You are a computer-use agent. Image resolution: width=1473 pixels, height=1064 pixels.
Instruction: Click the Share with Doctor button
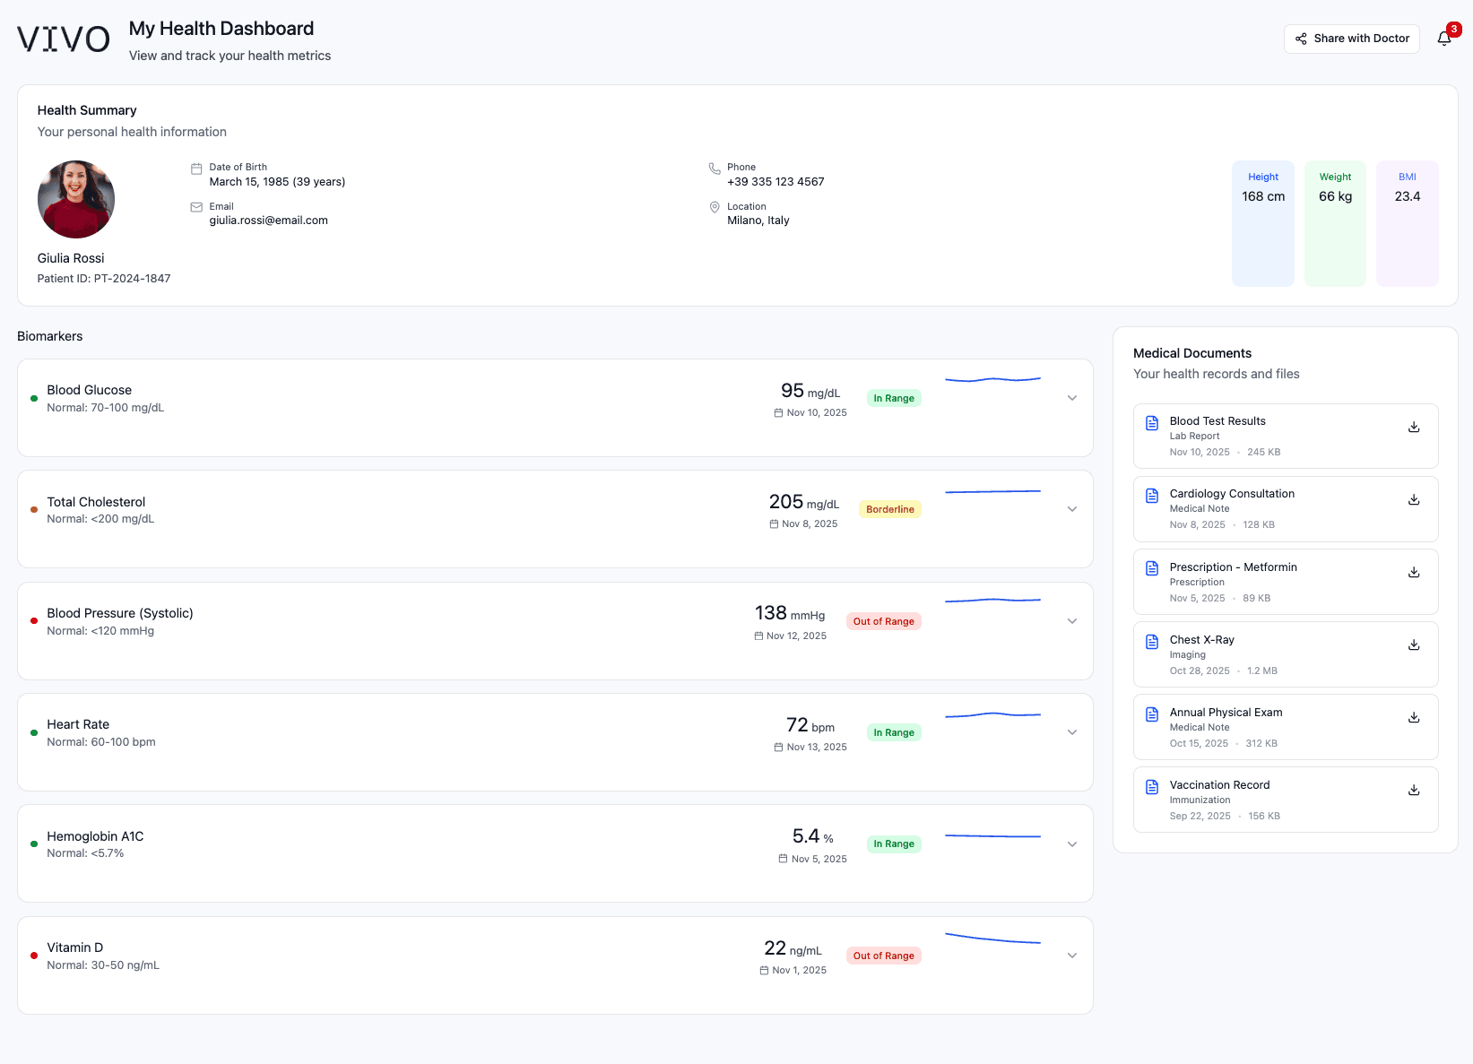1351,39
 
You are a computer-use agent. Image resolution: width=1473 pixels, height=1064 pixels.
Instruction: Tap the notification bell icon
1443,39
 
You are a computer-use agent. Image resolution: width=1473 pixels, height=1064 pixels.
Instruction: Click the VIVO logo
64,39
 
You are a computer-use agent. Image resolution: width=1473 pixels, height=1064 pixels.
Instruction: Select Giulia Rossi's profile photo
76,199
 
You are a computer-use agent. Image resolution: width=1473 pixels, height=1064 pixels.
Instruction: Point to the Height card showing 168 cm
1262,223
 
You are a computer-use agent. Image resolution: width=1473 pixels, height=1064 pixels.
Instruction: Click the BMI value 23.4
1407,196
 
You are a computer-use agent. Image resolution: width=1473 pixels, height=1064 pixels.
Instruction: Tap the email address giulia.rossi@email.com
268,221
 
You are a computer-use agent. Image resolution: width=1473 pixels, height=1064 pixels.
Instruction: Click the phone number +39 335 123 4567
775,182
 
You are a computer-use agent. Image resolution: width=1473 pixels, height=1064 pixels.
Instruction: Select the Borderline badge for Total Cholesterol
889,509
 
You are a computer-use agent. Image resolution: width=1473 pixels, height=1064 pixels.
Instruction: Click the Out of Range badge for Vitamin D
883,956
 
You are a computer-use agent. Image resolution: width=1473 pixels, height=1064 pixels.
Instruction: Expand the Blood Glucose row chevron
1071,398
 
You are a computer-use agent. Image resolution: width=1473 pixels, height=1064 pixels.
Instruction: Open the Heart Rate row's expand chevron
1071,732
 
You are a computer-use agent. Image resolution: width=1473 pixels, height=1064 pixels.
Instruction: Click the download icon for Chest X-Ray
1413,644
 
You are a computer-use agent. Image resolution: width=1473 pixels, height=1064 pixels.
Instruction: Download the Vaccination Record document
1413,790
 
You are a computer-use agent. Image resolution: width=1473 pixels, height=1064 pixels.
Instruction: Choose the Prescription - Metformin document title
1233,567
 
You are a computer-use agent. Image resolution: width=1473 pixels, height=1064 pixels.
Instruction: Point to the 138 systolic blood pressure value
770,613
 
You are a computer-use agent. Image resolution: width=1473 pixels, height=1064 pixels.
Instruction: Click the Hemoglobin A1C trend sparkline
992,836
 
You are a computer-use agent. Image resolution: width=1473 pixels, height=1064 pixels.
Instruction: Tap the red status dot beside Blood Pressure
34,620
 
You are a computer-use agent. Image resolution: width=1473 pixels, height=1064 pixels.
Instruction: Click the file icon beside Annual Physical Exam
1152,714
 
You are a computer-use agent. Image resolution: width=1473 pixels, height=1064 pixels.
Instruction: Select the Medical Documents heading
1191,353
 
